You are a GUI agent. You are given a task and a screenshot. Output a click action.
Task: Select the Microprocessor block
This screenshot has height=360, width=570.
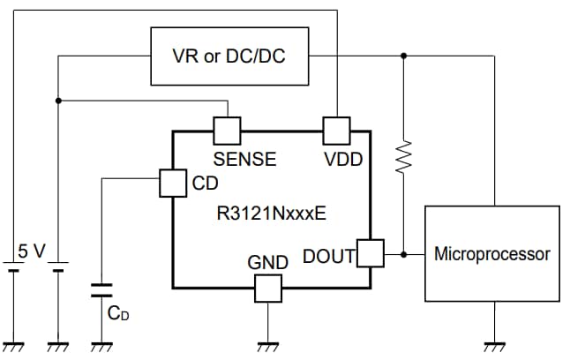coord(492,254)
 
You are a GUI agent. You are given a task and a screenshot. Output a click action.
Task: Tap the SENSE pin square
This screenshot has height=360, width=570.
coord(228,131)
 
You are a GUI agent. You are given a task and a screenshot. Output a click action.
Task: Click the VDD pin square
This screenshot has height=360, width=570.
coord(337,131)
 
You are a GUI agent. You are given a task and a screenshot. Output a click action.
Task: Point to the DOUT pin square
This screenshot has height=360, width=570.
coord(371,254)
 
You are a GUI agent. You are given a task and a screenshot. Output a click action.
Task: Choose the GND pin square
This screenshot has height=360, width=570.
coord(266,287)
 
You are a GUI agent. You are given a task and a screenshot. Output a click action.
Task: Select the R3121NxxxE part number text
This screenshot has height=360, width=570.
coord(269,214)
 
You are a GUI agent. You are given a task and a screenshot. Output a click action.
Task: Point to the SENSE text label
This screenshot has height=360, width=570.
coord(244,160)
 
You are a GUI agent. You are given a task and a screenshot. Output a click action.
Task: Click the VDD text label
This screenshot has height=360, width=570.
coord(343,160)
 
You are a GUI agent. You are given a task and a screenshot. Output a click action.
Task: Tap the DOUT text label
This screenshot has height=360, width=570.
coord(328,257)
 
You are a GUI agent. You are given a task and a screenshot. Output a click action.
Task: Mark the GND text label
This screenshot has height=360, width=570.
coord(267,262)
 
